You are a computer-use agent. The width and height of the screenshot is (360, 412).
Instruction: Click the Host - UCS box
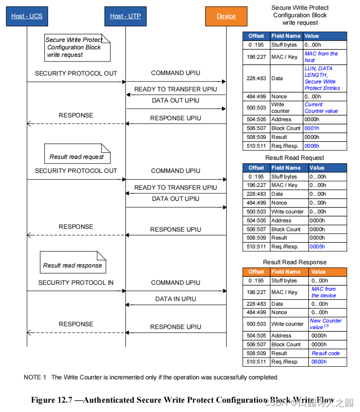27,16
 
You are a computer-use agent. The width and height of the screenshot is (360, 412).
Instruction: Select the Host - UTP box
125,16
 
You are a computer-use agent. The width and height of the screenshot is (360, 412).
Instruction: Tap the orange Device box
226,16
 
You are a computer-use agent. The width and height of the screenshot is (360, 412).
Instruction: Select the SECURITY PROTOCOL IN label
76,282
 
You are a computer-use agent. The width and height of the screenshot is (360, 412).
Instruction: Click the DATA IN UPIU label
175,299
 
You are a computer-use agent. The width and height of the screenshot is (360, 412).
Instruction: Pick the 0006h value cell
312,146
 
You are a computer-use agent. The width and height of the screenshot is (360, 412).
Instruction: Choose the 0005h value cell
317,247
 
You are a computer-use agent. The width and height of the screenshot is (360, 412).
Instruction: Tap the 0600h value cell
319,362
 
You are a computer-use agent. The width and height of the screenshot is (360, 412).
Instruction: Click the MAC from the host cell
321,57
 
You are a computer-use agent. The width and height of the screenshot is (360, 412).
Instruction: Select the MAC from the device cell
324,292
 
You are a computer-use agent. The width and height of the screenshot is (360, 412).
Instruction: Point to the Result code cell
325,353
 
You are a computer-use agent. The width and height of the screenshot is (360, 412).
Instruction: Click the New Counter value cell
325,324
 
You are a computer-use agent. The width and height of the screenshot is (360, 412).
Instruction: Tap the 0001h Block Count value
312,128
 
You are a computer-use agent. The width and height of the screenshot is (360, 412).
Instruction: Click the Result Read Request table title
294,158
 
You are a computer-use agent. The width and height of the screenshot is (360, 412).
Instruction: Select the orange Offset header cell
256,272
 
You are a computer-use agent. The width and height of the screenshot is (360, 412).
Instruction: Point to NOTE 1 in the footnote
35,377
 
